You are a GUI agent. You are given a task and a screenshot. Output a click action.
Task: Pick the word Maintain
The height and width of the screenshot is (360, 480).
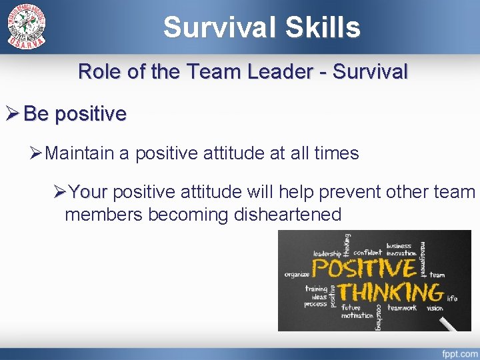[x=81, y=153]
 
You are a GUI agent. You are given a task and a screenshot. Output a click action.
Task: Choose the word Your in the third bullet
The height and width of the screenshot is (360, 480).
[x=88, y=192]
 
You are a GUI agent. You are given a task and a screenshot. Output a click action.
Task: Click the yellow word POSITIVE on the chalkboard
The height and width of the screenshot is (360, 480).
[x=364, y=268]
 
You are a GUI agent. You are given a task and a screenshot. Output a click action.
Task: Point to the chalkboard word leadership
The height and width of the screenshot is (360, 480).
[x=327, y=253]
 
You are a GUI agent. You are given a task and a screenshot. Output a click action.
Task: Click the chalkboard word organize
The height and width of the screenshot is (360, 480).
[x=297, y=275]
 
